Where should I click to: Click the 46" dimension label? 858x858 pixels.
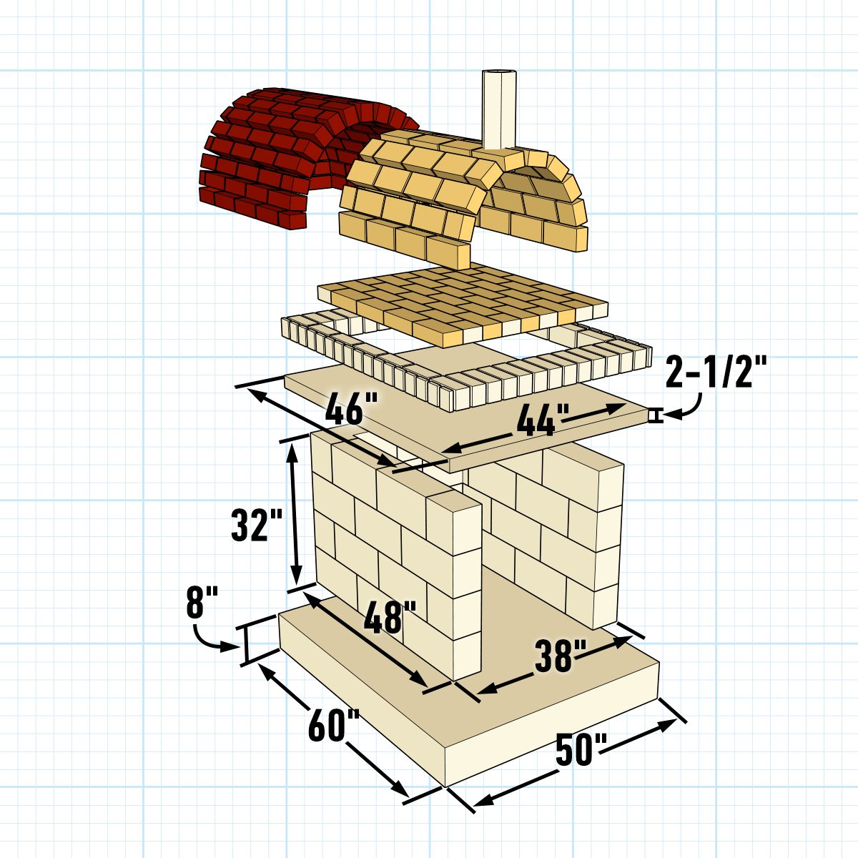[x=351, y=408]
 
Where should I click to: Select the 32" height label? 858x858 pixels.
[x=257, y=525]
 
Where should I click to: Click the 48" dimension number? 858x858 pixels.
[x=390, y=616]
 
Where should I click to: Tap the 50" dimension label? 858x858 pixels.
[x=581, y=749]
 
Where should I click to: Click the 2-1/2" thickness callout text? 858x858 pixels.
[x=716, y=371]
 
